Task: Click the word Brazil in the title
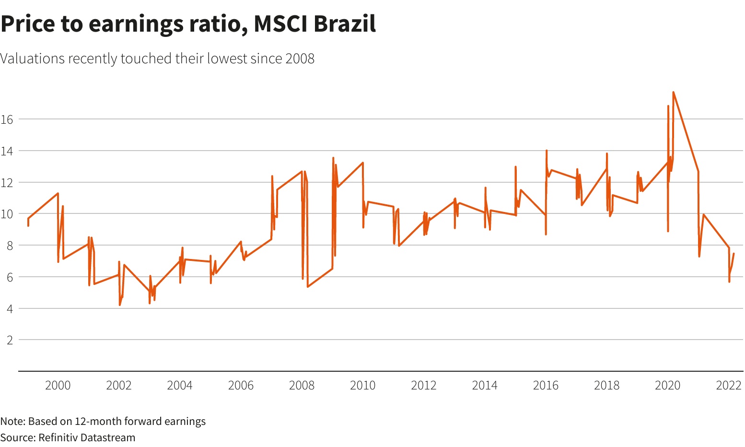click(345, 24)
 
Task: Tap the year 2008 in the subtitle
click(300, 59)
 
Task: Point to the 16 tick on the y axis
click(7, 119)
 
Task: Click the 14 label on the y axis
click(7, 151)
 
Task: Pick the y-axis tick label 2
click(9, 340)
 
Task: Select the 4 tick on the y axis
click(9, 308)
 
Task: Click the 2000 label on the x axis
click(58, 386)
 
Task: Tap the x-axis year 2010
click(362, 386)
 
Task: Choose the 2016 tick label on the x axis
click(546, 386)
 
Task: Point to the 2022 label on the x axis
click(729, 386)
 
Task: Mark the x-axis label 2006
click(241, 386)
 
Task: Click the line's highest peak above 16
click(673, 92)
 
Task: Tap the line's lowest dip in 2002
click(120, 305)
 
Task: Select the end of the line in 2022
click(733, 254)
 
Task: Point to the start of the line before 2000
click(28, 219)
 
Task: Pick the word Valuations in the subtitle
click(33, 59)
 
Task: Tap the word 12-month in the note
click(99, 421)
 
